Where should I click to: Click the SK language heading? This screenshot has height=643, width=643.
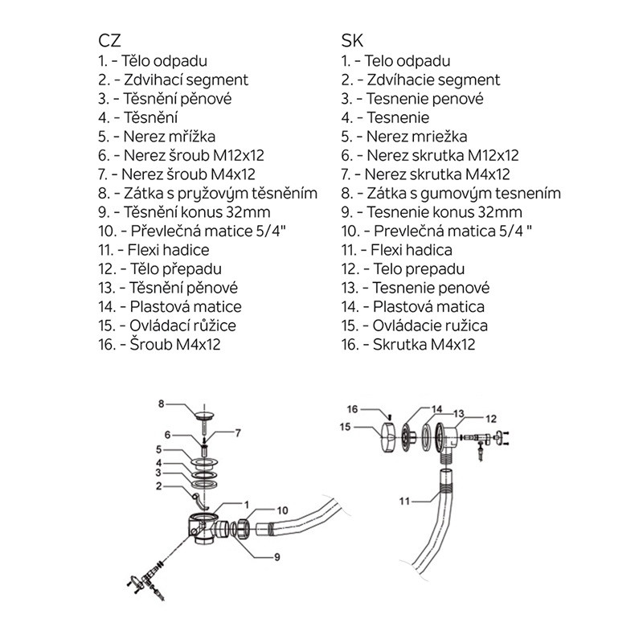[350, 40]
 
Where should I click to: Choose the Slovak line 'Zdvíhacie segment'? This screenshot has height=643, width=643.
[420, 80]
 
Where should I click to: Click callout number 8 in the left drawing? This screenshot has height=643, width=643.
[160, 403]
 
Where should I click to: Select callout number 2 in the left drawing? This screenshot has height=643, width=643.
[160, 486]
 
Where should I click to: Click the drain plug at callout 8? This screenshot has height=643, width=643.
[207, 417]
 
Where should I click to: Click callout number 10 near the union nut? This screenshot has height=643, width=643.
[282, 510]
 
